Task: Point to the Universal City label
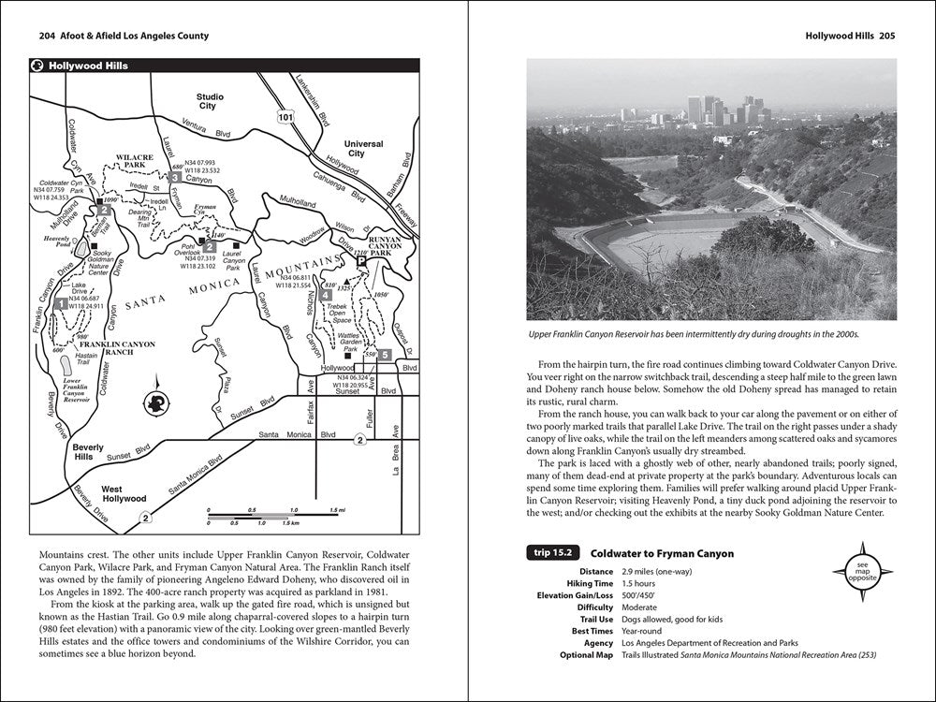(x=364, y=148)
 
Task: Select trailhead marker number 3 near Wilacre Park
(x=175, y=176)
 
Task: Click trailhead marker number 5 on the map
(x=385, y=355)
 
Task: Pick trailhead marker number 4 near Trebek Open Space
(x=325, y=296)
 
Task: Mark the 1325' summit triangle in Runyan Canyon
(x=346, y=280)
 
